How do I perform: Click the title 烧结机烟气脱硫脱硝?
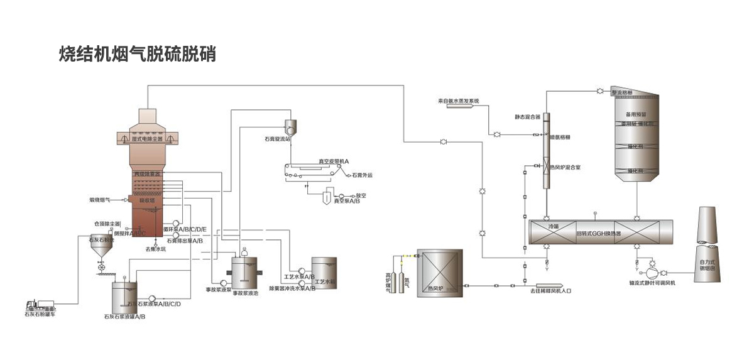click(137, 54)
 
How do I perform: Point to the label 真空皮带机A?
click(333, 161)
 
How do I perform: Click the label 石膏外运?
click(362, 175)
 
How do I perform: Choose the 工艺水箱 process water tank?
click(324, 273)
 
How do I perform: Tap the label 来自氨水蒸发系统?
click(458, 101)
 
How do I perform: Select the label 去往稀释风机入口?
click(550, 292)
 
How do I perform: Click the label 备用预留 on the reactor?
click(637, 115)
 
